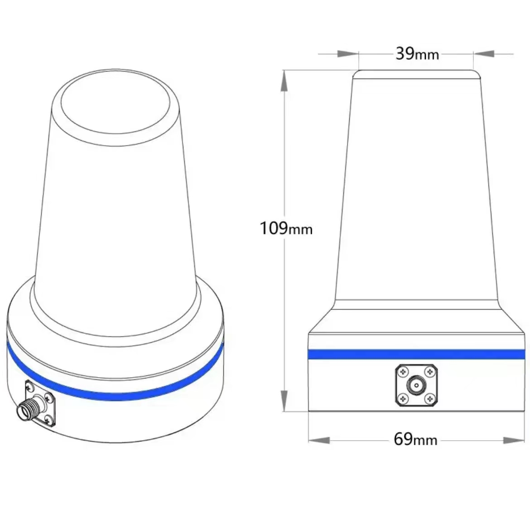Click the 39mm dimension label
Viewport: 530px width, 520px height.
[x=417, y=54]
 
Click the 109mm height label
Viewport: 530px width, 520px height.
[x=286, y=228]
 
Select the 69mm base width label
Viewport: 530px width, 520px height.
[x=415, y=439]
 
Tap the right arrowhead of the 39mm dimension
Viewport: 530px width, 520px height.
[x=484, y=54]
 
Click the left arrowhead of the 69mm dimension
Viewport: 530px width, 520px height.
[x=319, y=440]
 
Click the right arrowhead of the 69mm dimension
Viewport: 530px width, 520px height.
[x=514, y=440]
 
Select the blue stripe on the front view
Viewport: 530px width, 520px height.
[x=416, y=354]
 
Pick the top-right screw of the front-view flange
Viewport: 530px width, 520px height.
[x=429, y=372]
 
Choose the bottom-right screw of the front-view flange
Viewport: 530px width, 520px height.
[x=429, y=399]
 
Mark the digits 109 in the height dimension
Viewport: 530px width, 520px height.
[x=274, y=228]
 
